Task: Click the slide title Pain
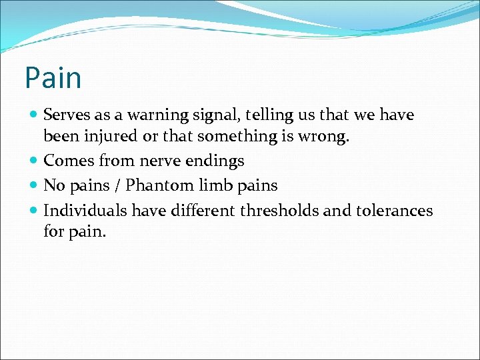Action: coord(53,78)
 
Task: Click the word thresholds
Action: coord(279,211)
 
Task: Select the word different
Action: coord(203,211)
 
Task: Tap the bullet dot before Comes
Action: coord(34,161)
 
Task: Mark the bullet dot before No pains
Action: coord(34,186)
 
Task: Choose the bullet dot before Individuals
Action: coord(34,211)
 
